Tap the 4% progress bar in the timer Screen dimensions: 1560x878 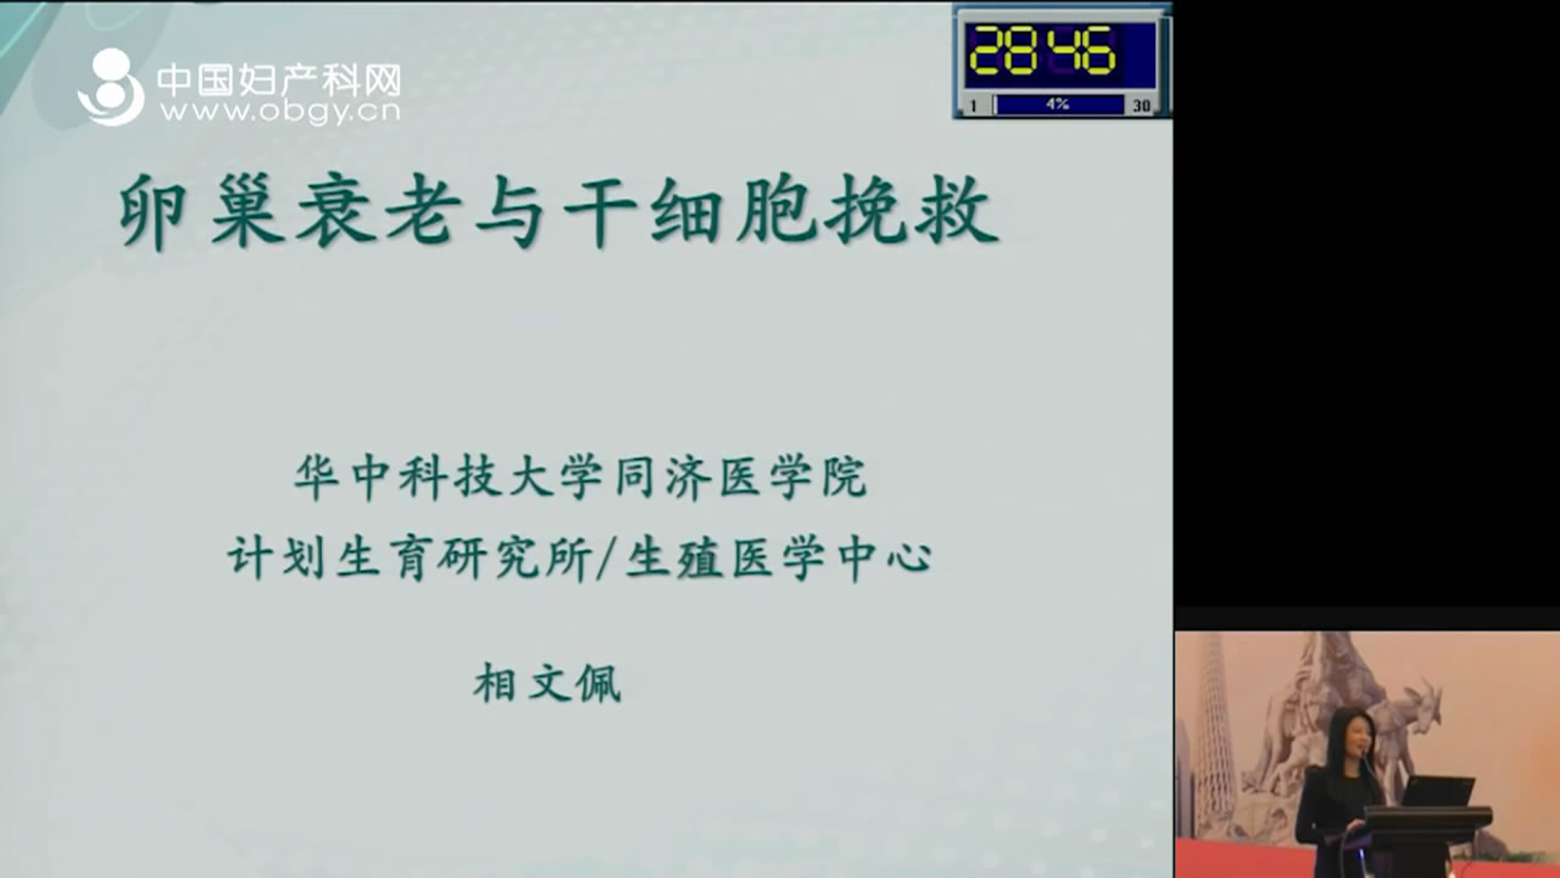[x=1059, y=104]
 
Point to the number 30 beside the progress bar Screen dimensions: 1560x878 [x=1142, y=105]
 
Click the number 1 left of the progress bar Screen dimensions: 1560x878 [x=973, y=105]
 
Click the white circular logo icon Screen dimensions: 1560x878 [x=111, y=87]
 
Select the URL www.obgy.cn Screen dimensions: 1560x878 [x=280, y=111]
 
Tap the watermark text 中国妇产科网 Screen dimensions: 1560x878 [x=279, y=80]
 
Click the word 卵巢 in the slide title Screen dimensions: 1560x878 [x=201, y=211]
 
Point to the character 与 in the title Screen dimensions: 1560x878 [x=510, y=211]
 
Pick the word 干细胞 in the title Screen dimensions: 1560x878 [x=690, y=211]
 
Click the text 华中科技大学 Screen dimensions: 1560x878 [x=448, y=476]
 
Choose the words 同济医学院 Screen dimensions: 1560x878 [x=741, y=476]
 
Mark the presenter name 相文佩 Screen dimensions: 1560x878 [x=548, y=683]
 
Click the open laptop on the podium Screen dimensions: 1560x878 [x=1437, y=791]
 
